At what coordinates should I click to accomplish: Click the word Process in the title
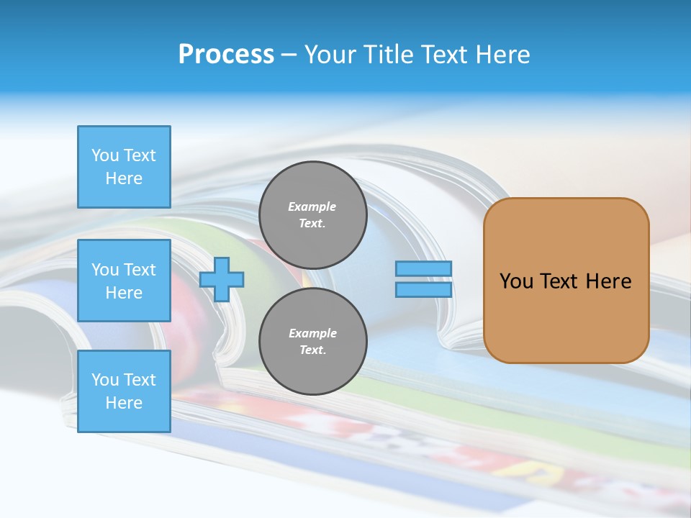tap(226, 55)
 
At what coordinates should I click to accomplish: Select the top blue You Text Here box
tap(124, 167)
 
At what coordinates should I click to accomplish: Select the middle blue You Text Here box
tap(124, 281)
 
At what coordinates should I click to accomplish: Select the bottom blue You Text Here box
tap(124, 391)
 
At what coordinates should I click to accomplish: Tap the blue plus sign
tap(222, 279)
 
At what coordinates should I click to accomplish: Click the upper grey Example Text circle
tap(312, 215)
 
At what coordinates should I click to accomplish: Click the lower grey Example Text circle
tap(312, 342)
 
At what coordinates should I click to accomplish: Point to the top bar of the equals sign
tap(423, 269)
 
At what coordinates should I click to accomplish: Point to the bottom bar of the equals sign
tap(423, 290)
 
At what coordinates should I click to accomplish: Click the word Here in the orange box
tap(608, 281)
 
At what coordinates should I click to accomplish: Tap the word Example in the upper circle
tap(312, 206)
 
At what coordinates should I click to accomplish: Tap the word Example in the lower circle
tap(312, 333)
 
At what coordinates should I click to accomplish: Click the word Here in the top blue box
tap(124, 178)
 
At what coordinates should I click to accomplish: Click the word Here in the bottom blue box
tap(124, 403)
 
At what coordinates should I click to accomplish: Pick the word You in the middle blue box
tap(104, 270)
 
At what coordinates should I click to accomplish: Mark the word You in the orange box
tap(516, 281)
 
